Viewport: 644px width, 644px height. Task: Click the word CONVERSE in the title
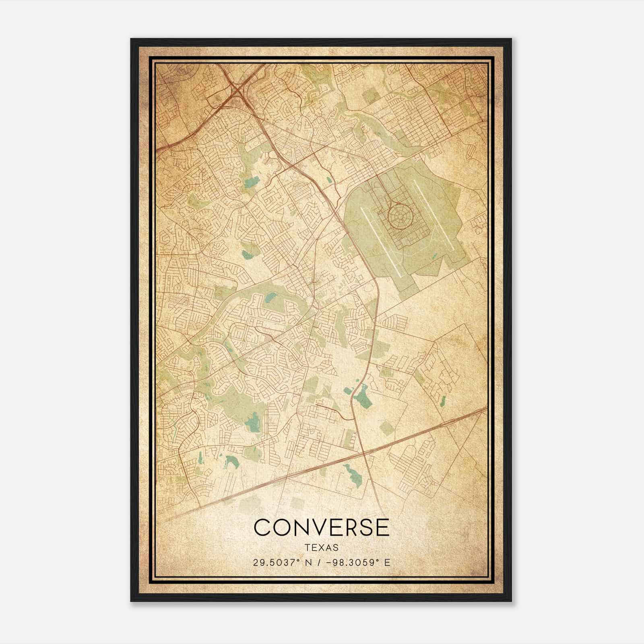[x=322, y=527]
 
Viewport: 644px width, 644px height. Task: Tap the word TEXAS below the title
[x=322, y=548]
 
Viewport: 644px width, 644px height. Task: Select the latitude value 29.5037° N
[x=279, y=563]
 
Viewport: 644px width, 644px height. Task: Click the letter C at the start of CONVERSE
[x=263, y=527]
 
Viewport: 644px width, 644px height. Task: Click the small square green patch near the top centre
[x=368, y=96]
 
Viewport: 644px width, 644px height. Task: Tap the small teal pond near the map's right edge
[x=443, y=400]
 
